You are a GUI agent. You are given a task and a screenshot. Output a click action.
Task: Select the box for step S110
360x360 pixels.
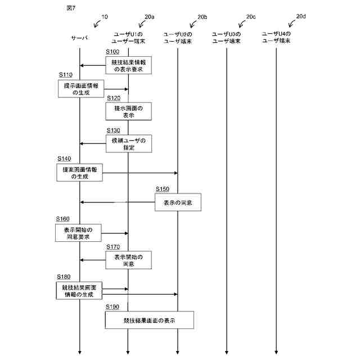81,89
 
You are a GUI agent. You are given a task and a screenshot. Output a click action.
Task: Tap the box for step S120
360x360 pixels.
128,111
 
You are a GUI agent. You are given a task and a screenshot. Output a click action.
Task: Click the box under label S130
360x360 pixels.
128,143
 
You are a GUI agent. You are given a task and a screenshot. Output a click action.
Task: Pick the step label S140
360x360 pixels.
64,160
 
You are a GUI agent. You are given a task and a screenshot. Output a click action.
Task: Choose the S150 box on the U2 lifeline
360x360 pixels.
178,202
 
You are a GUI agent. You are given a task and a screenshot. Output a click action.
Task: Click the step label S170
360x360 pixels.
113,246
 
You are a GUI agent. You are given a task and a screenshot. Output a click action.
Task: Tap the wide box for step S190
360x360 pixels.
149,320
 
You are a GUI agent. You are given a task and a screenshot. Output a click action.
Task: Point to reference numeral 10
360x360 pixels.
105,17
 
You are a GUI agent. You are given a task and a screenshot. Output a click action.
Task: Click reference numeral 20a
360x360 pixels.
149,17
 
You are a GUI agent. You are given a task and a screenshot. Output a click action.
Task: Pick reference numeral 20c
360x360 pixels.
251,17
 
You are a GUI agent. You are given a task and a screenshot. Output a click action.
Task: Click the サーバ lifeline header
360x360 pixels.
79,38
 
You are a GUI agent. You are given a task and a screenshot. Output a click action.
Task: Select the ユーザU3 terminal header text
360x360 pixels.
227,38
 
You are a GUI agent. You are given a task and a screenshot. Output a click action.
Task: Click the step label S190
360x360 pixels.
112,307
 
